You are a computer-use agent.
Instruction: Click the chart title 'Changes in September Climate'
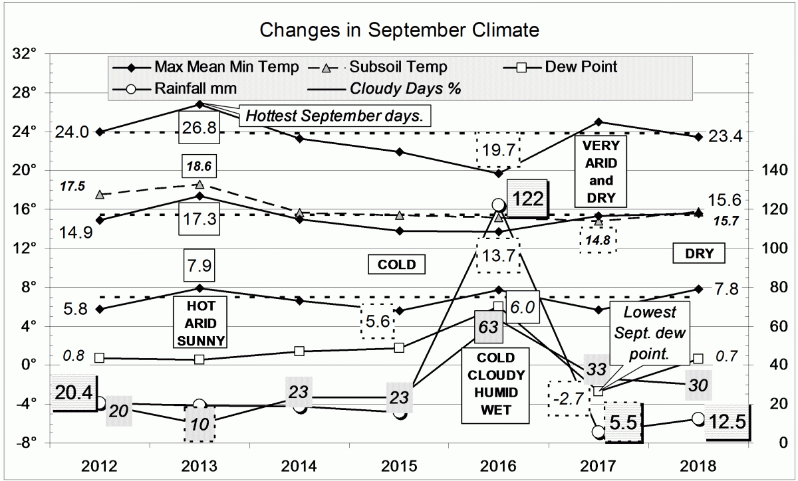[x=399, y=31]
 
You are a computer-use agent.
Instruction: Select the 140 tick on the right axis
[x=769, y=170]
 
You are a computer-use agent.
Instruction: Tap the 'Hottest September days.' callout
[x=335, y=116]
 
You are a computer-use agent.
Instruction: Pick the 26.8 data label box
[x=200, y=128]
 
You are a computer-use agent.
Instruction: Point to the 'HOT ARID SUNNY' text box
[x=198, y=322]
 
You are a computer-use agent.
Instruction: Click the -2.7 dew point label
[x=569, y=399]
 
